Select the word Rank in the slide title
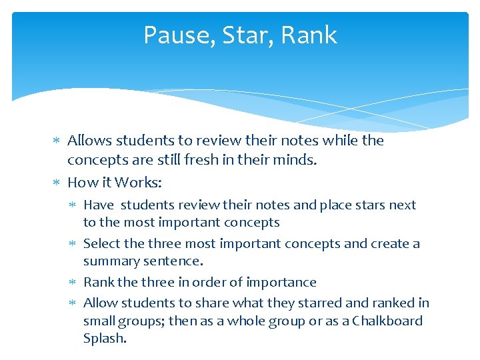coord(309,35)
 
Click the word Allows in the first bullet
coord(90,141)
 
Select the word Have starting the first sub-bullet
coord(99,205)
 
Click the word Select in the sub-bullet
coord(102,243)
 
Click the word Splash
coord(104,338)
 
